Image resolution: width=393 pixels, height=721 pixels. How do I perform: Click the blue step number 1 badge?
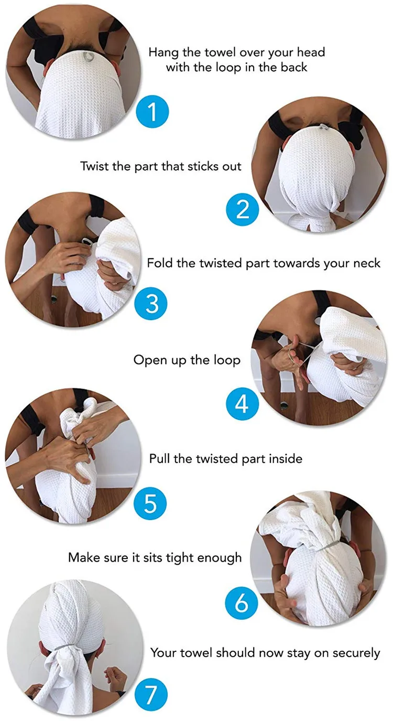pos(152,111)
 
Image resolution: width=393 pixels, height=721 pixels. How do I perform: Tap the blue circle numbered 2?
pos(243,209)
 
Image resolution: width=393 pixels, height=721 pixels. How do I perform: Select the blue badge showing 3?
pos(151,304)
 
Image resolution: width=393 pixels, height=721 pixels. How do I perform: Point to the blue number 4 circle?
pos(242,404)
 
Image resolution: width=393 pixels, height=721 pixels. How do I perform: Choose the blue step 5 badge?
pos(150,503)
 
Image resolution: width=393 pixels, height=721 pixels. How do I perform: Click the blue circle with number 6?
pos(242,602)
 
